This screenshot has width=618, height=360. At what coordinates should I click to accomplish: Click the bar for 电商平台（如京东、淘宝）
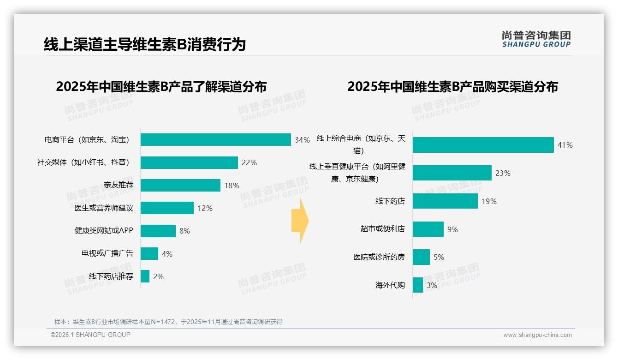(215, 140)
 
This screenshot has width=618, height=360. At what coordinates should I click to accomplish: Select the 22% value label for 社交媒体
(249, 163)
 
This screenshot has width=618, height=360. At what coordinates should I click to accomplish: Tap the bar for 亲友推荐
(180, 186)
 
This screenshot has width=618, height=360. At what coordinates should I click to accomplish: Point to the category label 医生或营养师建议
(104, 208)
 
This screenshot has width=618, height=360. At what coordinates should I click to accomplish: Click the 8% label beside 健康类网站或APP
(184, 231)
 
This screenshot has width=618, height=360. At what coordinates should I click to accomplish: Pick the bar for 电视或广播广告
(149, 253)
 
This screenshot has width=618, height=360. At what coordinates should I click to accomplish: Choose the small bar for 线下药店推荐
(145, 276)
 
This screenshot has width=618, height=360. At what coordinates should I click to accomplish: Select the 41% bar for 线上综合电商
(483, 145)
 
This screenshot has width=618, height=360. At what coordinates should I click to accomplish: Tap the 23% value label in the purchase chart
(503, 173)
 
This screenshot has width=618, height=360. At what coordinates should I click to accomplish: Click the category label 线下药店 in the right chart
(390, 201)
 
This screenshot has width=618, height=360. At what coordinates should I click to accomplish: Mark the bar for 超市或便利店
(428, 229)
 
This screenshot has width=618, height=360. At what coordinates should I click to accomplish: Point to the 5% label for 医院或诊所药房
(439, 257)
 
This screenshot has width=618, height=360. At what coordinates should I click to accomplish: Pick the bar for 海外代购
(418, 285)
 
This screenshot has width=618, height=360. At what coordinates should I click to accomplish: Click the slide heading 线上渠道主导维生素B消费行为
(144, 45)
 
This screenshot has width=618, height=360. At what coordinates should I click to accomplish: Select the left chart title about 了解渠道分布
(161, 87)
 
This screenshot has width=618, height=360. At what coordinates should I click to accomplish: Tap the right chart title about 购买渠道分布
(452, 87)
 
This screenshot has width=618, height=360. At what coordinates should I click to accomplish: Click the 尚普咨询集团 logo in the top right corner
(536, 39)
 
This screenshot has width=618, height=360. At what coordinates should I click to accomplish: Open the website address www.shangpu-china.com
(537, 335)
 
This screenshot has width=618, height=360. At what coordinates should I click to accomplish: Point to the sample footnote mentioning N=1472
(168, 322)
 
